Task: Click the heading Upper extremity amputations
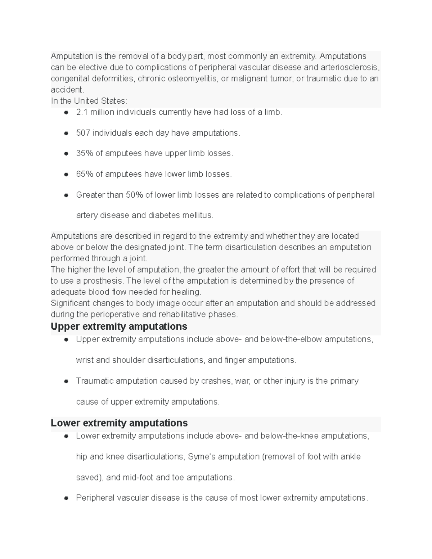point(119,326)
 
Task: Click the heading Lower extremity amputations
point(119,423)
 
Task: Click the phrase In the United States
point(89,101)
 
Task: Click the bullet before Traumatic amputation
point(66,381)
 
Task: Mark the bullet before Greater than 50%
point(66,195)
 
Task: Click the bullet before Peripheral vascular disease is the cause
point(66,498)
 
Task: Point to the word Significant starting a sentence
point(70,303)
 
